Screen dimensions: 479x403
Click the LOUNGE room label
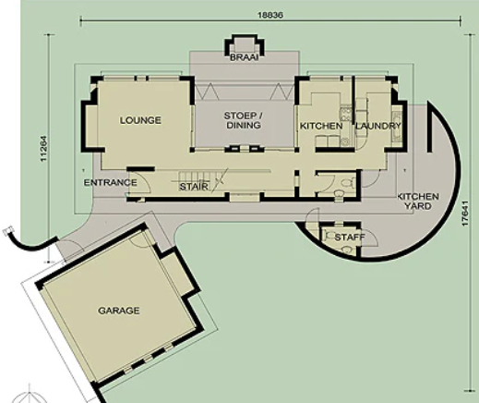(x=140, y=120)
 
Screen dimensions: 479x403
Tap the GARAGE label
(x=119, y=311)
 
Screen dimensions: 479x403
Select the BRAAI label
(x=245, y=57)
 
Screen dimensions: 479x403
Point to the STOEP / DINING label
(x=244, y=120)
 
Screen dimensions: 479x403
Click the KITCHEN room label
(x=321, y=126)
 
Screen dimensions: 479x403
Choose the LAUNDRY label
(x=378, y=126)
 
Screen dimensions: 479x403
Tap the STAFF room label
(x=350, y=238)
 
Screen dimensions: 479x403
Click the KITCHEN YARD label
(x=418, y=201)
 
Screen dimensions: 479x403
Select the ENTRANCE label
(x=111, y=182)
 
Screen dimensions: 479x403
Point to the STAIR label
(x=194, y=187)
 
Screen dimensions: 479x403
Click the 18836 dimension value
(x=270, y=15)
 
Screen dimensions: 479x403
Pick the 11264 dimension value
(x=43, y=149)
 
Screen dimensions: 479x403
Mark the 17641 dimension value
(x=465, y=214)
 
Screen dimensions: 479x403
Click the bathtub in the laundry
(x=396, y=122)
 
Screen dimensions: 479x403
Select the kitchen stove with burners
(x=345, y=113)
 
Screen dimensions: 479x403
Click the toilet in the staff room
(x=347, y=249)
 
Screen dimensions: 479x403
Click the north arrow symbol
(x=30, y=395)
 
